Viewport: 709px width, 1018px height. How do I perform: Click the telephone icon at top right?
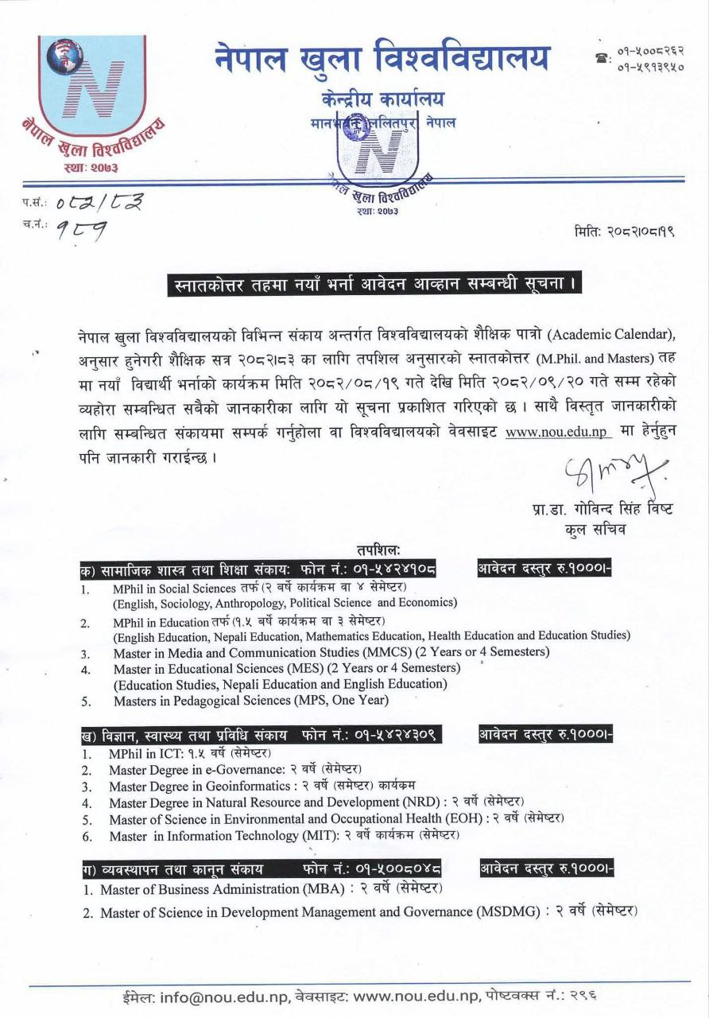click(x=601, y=58)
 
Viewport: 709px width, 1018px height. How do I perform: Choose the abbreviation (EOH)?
click(x=463, y=819)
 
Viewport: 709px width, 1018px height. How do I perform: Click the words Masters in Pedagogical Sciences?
click(x=214, y=701)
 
